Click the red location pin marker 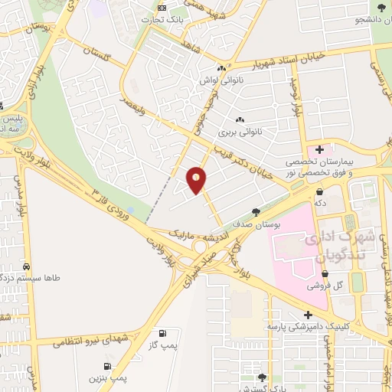[x=197, y=180]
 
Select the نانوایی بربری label [x=240, y=132]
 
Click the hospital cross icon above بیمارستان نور [x=319, y=149]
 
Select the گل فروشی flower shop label [x=325, y=286]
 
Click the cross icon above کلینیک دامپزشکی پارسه [x=307, y=315]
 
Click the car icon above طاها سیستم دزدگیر [x=28, y=266]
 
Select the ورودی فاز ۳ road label [x=112, y=201]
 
